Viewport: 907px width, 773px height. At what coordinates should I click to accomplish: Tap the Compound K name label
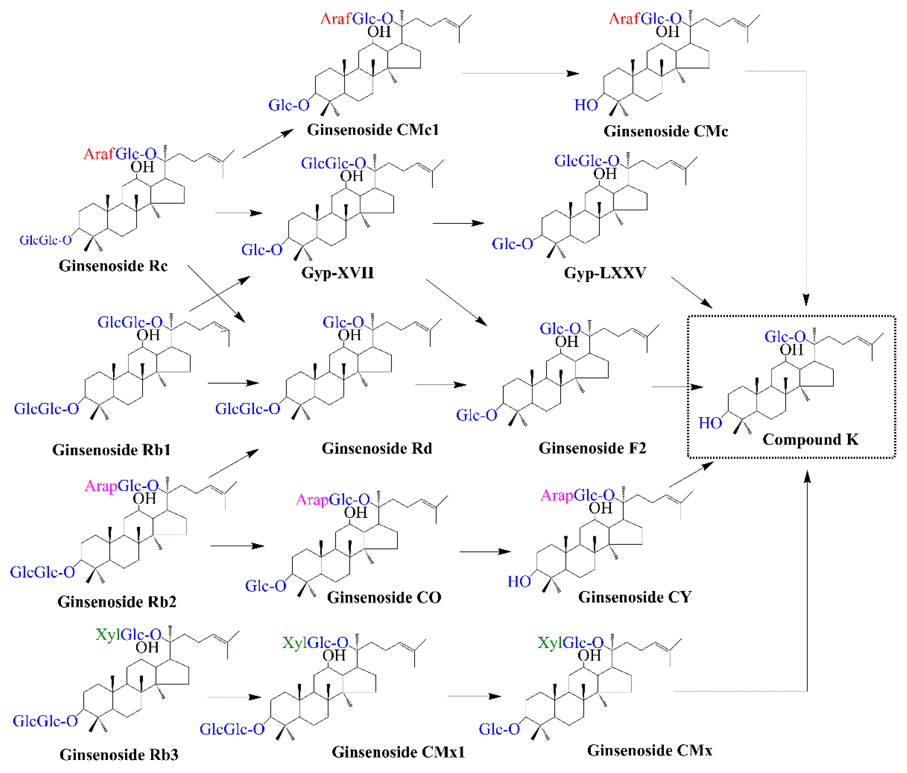[x=810, y=439]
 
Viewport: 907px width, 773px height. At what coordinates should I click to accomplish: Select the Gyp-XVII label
[x=338, y=273]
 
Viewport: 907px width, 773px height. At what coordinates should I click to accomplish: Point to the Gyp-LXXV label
[x=605, y=273]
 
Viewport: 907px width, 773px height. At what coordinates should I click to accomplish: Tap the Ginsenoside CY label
[x=635, y=597]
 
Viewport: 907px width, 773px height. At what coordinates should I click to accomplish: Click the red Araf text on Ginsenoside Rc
[x=99, y=154]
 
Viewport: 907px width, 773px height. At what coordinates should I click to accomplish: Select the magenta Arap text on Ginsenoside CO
[x=312, y=500]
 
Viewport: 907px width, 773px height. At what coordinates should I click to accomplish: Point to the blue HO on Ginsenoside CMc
[x=586, y=105]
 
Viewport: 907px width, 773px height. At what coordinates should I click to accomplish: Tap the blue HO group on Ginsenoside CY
[x=519, y=582]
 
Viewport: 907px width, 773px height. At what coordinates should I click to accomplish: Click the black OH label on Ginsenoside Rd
[x=349, y=335]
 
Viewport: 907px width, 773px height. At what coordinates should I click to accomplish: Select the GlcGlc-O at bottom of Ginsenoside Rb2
[x=43, y=572]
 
